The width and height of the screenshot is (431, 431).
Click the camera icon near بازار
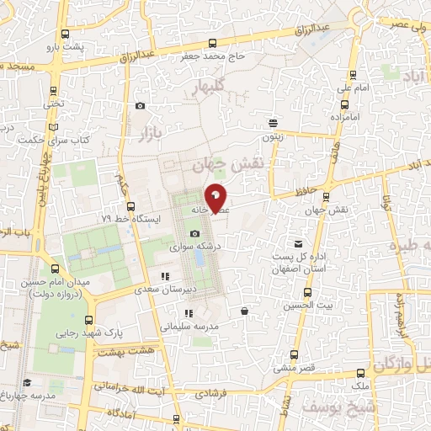tap(140, 106)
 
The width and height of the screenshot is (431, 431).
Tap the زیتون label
tap(271, 135)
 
